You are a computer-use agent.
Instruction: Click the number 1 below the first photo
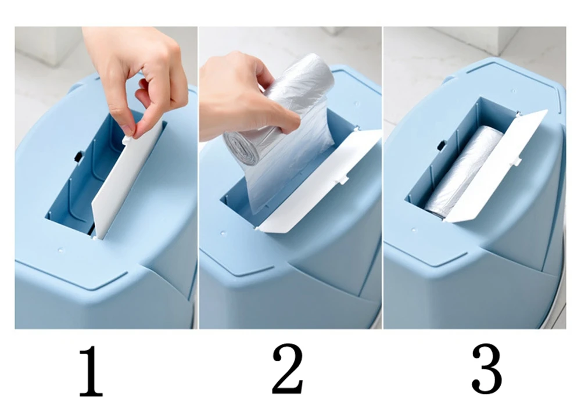coord(91,371)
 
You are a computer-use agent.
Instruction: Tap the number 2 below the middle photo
coord(288,369)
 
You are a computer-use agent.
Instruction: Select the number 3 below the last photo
coord(487,369)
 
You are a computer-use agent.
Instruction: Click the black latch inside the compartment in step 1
coord(78,157)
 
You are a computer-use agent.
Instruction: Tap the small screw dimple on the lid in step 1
coord(60,250)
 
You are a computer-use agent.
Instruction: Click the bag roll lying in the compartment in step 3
coord(463,173)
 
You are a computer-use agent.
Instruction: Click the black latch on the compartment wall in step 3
coord(441,145)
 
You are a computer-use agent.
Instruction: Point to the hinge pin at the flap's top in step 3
coord(518,113)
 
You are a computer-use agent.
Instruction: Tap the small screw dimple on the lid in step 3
coord(514,91)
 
